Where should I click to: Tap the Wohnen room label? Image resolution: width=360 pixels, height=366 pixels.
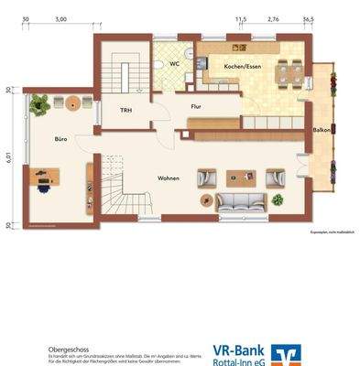(168, 178)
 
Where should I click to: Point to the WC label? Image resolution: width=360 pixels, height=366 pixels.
(174, 64)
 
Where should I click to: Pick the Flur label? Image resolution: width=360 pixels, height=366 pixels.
(195, 106)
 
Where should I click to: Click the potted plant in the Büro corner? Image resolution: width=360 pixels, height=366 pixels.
(39, 105)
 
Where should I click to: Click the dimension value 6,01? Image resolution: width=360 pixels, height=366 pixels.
(7, 158)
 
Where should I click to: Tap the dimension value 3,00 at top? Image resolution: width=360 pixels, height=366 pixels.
(60, 18)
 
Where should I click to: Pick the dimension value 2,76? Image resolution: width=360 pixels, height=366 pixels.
(273, 18)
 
